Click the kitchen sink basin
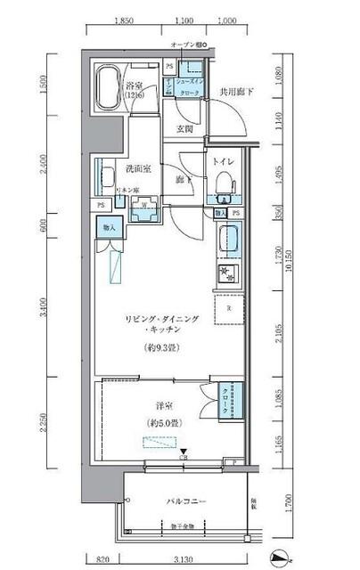click(x=227, y=240)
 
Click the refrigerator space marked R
click(x=229, y=308)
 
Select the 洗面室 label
click(x=116, y=167)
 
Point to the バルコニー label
click(x=187, y=501)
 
